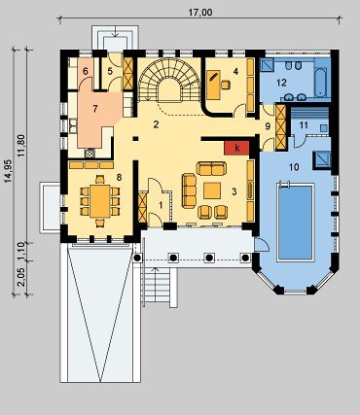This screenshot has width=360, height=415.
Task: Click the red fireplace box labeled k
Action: point(236,148)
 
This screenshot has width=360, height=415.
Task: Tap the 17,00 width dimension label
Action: point(200,13)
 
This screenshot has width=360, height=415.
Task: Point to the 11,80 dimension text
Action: point(21,146)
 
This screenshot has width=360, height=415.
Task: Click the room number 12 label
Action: point(281,83)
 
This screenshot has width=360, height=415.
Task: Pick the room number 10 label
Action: point(294,167)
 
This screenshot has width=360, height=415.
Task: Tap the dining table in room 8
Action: point(100,201)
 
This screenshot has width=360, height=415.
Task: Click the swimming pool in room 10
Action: point(296,222)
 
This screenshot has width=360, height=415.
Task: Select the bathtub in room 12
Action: point(320,83)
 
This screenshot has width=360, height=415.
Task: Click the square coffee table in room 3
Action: point(212,190)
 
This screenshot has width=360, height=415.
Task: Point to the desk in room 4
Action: point(213,85)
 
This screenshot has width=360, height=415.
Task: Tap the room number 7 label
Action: point(94,109)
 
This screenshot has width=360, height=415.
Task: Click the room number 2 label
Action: point(156,124)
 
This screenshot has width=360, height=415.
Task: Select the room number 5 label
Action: point(110,71)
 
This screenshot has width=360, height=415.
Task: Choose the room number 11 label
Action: point(304,124)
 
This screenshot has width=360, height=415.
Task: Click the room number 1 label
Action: point(161,205)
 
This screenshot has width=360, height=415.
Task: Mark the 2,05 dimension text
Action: point(21,278)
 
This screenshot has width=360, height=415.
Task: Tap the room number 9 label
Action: point(268,126)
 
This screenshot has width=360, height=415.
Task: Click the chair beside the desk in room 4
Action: point(226,85)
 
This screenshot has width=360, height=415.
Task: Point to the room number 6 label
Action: point(86,71)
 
